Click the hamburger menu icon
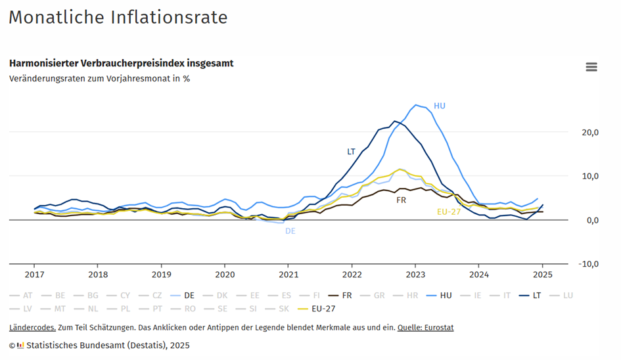point(591,67)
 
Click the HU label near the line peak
point(440,106)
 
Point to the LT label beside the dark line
point(351,152)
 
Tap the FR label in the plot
point(401,200)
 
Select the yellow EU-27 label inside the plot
point(448,212)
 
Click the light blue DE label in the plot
point(290,231)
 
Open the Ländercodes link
point(31,327)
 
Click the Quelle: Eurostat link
point(425,327)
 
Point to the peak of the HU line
point(415,104)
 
